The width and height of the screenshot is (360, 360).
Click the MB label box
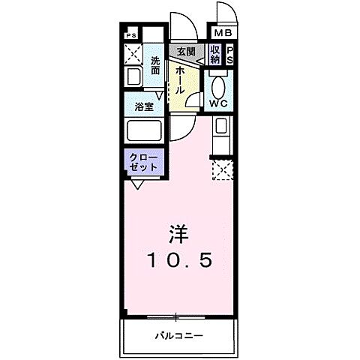224,33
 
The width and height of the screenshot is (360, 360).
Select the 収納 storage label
214,55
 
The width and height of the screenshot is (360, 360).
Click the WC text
220,103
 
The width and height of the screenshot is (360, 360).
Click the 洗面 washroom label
155,64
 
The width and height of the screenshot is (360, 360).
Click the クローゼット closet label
143,163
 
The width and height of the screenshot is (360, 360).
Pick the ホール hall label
181,79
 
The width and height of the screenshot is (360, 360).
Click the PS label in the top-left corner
131,34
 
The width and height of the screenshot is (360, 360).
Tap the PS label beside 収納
230,55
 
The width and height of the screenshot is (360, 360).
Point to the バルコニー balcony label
180,334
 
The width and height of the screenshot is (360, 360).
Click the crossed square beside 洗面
135,53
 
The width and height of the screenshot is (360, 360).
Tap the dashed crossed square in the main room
223,170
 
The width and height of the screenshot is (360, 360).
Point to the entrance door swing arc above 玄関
181,27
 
